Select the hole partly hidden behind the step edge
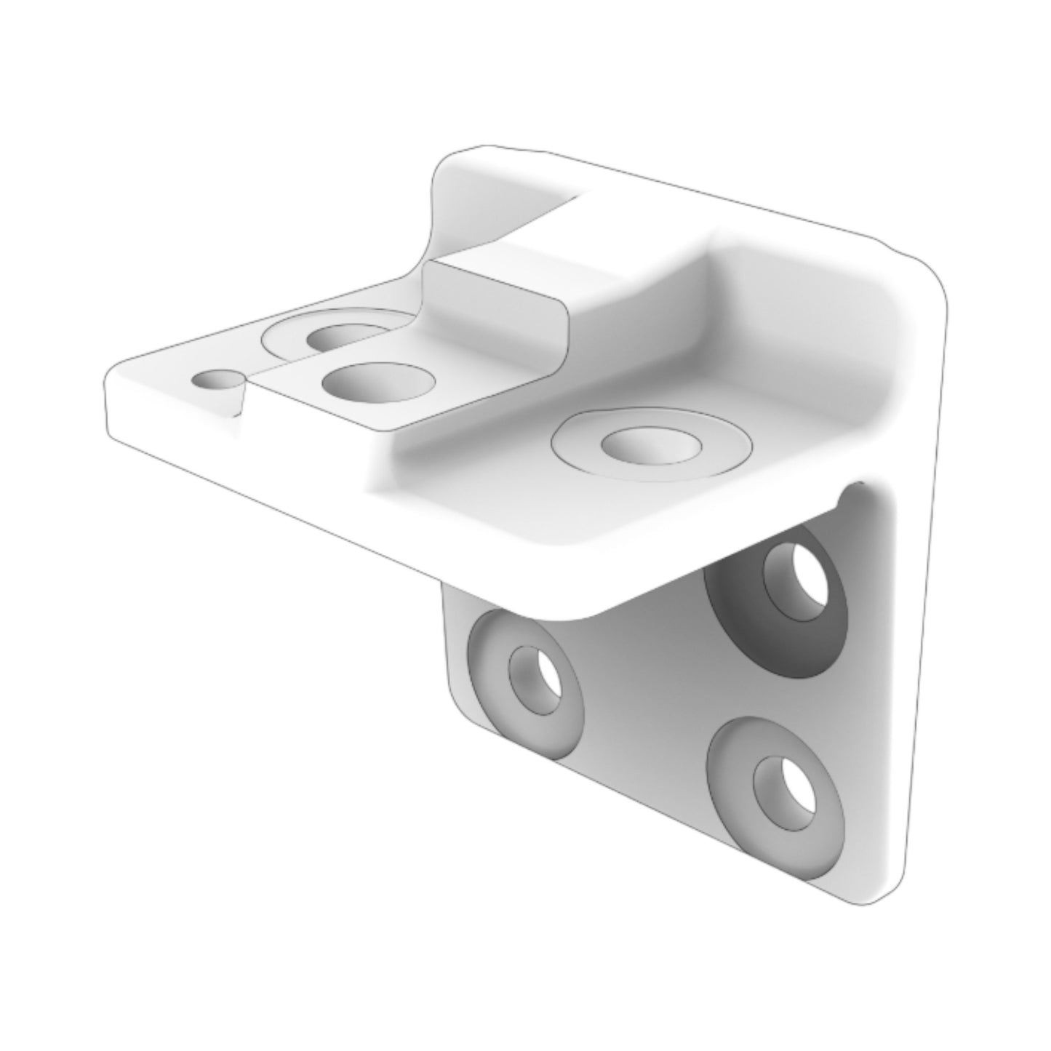tap(339, 336)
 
